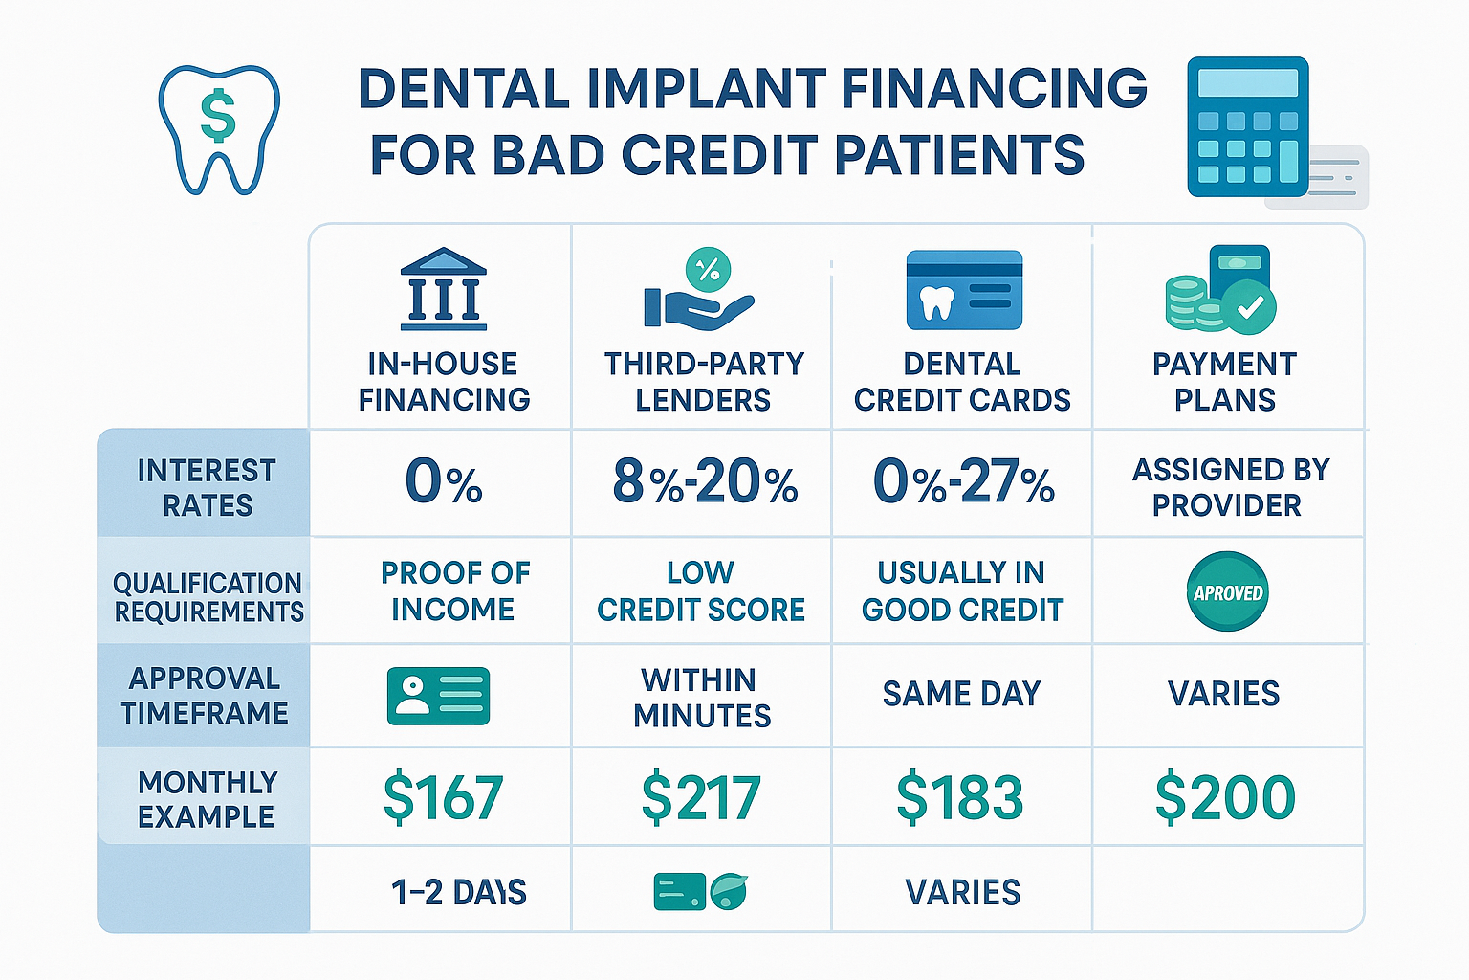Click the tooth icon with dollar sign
click(x=219, y=128)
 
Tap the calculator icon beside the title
click(x=1248, y=126)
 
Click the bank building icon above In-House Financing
click(x=443, y=289)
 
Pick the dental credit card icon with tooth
click(x=964, y=290)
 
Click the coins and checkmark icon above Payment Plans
click(x=1220, y=291)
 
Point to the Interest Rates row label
click(x=207, y=487)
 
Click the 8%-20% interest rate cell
click(x=705, y=481)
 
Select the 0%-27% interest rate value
click(x=963, y=481)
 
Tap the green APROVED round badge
click(x=1227, y=592)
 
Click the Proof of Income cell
click(x=454, y=590)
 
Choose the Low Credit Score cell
click(x=701, y=590)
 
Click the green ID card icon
click(x=438, y=696)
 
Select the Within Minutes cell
click(x=701, y=697)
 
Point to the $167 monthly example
click(x=443, y=798)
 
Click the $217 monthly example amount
click(x=701, y=798)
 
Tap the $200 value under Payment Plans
click(x=1225, y=798)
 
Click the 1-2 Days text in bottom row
click(x=459, y=892)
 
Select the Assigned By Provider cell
click(x=1229, y=487)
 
